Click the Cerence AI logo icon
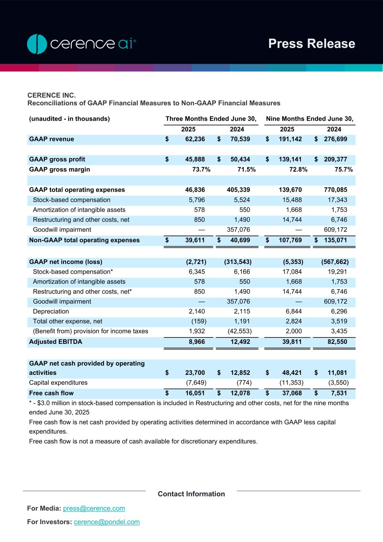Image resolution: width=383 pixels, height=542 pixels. coord(37,44)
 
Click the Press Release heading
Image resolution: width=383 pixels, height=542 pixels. coord(312,44)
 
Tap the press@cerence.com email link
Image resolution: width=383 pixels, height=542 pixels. coord(94,508)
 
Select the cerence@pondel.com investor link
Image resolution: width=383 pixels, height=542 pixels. coord(107,522)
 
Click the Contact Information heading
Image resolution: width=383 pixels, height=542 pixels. coord(191,494)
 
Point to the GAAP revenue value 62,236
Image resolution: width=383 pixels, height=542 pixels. coord(195,139)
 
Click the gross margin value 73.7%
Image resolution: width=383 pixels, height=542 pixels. coord(201,170)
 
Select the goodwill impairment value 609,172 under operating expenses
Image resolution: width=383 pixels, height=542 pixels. coord(335,230)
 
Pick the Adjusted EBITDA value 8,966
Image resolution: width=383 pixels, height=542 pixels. coord(195,341)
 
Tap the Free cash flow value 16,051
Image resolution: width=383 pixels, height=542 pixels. coord(195,393)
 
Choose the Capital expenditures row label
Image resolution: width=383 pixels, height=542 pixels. coord(58,383)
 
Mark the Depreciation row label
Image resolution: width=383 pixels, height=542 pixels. coord(51,311)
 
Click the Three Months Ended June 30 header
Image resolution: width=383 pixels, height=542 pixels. coord(211,119)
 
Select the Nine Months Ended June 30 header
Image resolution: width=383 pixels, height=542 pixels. coord(310,119)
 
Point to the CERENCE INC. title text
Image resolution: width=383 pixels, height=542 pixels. coord(52,95)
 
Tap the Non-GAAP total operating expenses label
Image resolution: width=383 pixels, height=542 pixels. coord(84,240)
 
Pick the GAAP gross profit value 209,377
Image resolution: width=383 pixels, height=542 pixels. coord(335,159)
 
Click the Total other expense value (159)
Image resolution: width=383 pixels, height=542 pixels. coord(199,321)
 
